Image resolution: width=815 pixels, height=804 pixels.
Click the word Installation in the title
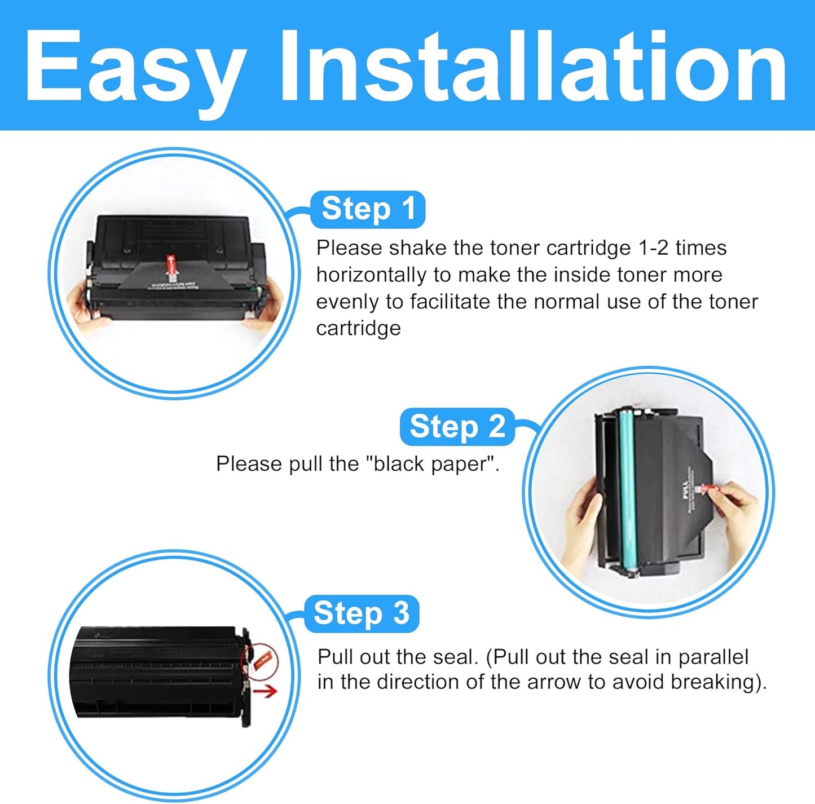point(533,67)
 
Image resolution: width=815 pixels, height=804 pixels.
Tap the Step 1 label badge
point(368,209)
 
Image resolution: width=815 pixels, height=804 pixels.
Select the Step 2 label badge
point(457,427)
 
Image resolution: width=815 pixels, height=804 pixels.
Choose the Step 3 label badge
point(362,613)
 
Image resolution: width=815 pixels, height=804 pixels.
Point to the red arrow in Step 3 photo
point(265,691)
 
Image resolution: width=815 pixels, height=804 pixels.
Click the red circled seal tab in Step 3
point(262,661)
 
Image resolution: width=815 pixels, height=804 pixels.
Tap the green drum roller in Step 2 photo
point(626,491)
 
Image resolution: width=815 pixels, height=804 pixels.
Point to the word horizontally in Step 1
point(371,275)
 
